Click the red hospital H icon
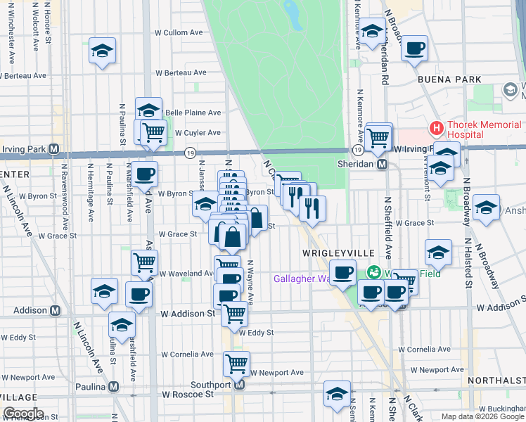tap(437, 129)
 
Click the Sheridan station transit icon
tap(383, 165)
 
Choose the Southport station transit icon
tap(239, 385)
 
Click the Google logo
tap(23, 414)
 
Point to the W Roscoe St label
tap(188, 395)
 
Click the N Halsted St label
tap(468, 260)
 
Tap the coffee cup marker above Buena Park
tap(415, 48)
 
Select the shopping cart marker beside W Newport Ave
tap(236, 364)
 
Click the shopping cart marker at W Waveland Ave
tap(144, 262)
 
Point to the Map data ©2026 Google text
tap(482, 416)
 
